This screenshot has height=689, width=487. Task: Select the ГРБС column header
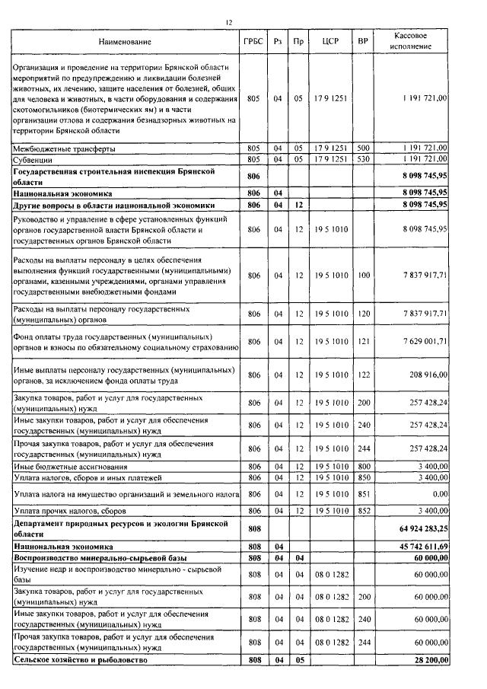253,41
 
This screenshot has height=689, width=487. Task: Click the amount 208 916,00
423,375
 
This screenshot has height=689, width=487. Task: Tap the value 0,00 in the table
438,494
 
